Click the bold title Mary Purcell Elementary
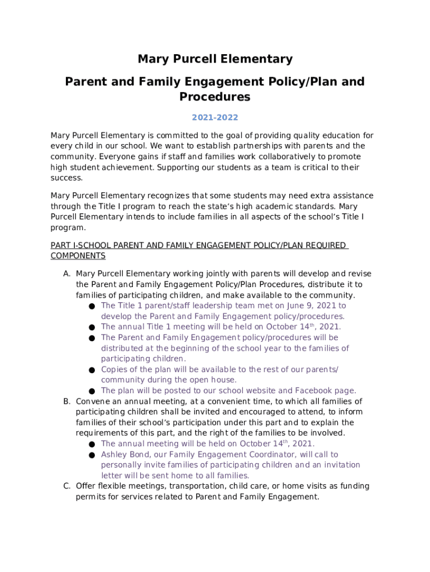coord(215,59)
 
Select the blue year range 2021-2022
coord(215,118)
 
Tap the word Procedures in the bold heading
coord(215,97)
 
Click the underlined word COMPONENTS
coord(78,256)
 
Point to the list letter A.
coord(66,274)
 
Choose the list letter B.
coord(66,402)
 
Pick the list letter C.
coord(66,487)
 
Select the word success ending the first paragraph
coord(66,178)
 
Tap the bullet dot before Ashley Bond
coord(91,455)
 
